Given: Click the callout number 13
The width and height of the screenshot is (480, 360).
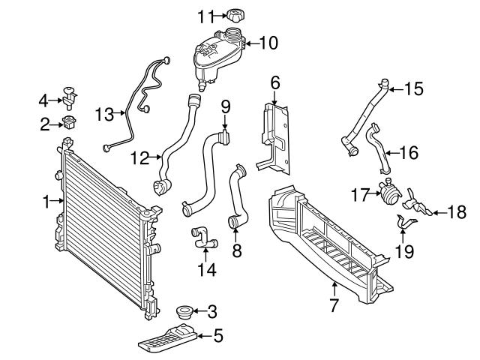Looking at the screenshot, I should click(105, 114).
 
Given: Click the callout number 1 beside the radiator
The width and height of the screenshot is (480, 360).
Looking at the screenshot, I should click(46, 200).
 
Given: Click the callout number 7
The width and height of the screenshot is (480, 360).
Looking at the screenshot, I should click(333, 304).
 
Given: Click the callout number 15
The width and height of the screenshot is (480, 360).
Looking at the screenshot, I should click(413, 88).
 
